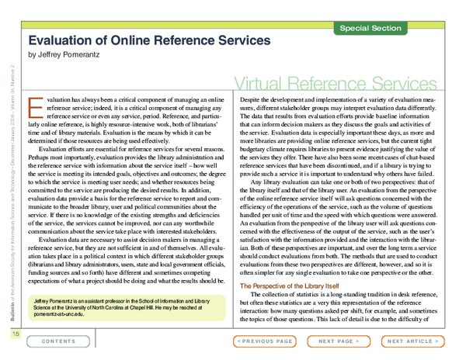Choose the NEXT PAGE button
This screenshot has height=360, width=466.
tap(339, 341)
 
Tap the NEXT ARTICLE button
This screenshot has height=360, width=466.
tap(412, 341)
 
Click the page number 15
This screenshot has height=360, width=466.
tap(15, 334)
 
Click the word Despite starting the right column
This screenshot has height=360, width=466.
tap(252, 101)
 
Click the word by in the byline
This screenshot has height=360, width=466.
tap(32, 55)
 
